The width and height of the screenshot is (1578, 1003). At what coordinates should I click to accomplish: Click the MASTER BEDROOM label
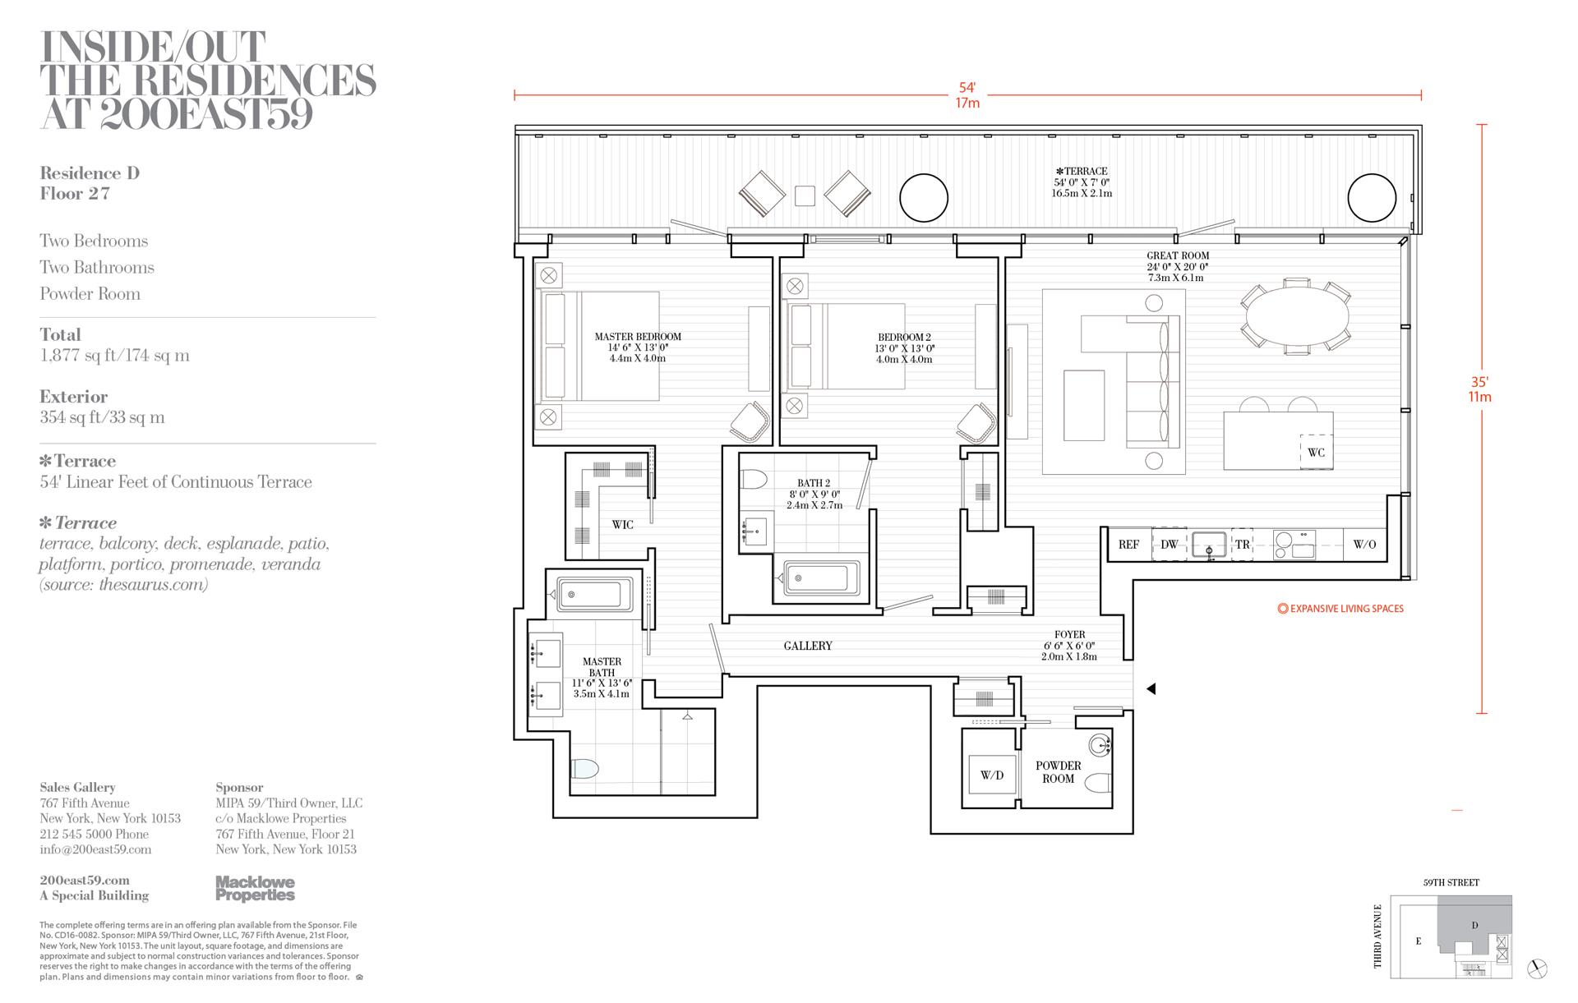[x=638, y=337]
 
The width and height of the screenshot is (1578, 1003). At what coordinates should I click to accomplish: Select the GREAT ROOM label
[x=1178, y=256]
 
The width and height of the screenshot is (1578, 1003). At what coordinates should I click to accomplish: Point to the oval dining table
[x=1298, y=316]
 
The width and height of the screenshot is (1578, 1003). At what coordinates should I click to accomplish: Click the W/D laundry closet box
[x=992, y=775]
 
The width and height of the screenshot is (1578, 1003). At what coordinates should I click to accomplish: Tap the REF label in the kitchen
[x=1128, y=545]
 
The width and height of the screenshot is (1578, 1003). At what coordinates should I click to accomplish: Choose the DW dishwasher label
[x=1169, y=545]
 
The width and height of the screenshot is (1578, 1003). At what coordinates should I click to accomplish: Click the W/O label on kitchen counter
[x=1364, y=545]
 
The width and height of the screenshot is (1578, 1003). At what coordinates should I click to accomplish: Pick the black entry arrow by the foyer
[x=1151, y=689]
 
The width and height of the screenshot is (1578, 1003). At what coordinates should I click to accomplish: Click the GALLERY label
[x=808, y=646]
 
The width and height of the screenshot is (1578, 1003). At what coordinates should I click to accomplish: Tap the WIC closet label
[x=622, y=525]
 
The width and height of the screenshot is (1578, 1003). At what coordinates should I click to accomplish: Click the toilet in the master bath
[x=584, y=769]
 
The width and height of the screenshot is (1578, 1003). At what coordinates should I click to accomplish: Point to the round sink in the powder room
[x=1099, y=746]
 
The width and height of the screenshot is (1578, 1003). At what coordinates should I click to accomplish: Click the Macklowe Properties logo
[x=255, y=889]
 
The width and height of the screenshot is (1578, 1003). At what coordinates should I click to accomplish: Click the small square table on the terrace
[x=805, y=196]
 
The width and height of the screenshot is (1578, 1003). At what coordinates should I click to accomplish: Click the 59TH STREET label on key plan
[x=1451, y=883]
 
